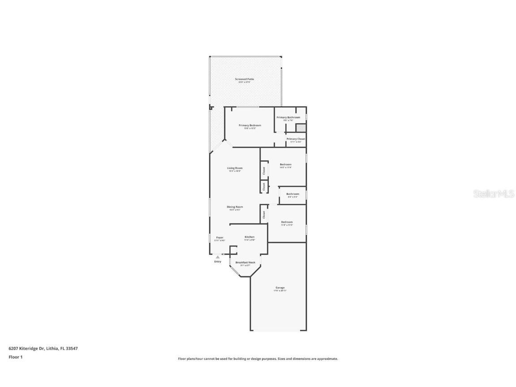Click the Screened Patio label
[245, 79]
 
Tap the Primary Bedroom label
[249, 125]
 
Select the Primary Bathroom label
[288, 117]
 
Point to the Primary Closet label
[296, 139]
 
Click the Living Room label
[235, 168]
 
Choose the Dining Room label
[235, 207]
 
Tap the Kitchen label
[249, 237]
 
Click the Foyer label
[220, 237]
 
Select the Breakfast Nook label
[245, 262]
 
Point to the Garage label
[280, 288]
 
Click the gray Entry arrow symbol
[218, 257]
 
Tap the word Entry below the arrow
[218, 262]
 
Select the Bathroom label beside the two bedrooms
[293, 194]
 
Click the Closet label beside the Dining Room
[264, 215]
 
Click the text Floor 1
[15, 357]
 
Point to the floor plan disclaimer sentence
[258, 359]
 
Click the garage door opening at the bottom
[278, 331]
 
